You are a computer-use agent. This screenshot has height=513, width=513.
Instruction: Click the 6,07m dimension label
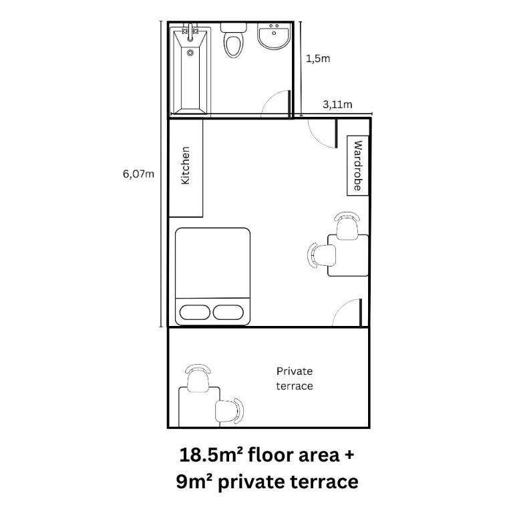click(x=138, y=174)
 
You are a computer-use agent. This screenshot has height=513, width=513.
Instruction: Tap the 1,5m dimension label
click(x=318, y=59)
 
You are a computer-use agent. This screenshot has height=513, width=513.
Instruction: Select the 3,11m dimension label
click(x=337, y=105)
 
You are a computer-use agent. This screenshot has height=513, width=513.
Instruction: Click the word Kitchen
click(x=185, y=166)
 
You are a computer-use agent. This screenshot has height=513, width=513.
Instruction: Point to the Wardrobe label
click(x=358, y=166)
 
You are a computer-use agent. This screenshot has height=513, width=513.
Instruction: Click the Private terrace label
click(x=295, y=379)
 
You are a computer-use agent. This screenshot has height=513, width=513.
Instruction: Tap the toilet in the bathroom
click(x=233, y=41)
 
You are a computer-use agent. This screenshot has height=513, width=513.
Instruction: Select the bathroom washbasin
click(x=274, y=36)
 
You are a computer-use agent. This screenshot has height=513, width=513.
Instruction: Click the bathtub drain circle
click(x=190, y=53)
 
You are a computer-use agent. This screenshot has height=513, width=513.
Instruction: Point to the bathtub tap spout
click(x=190, y=32)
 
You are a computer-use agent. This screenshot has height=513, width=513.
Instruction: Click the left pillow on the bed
click(x=194, y=313)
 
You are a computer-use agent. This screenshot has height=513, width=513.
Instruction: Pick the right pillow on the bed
click(x=228, y=313)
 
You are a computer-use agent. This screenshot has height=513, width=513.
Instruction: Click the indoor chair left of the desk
click(x=322, y=255)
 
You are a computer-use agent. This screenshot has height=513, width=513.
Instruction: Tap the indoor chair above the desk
click(x=347, y=226)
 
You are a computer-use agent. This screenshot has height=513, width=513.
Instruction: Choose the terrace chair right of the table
click(x=230, y=411)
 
